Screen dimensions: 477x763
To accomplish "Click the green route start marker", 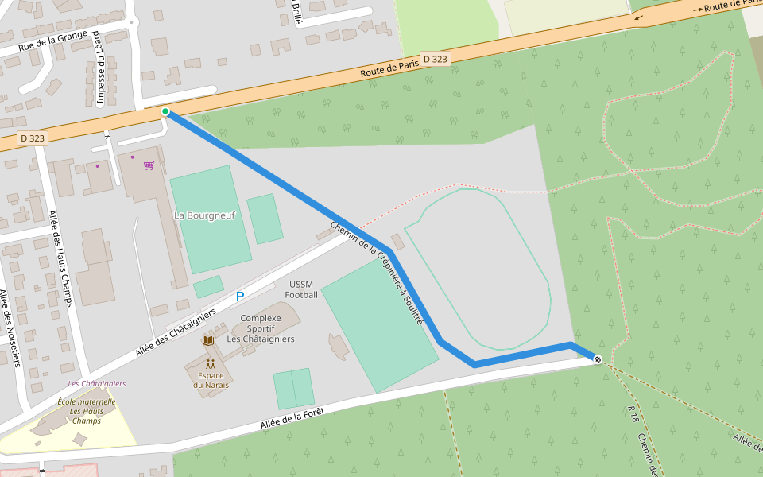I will (x=165, y=111).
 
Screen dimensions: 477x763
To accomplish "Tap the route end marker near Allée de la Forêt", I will (x=597, y=360).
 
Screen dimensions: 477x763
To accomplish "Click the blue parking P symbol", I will (x=239, y=297).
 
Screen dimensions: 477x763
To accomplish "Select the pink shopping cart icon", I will (x=149, y=165).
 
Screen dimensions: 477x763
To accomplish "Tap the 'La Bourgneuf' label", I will (x=205, y=215).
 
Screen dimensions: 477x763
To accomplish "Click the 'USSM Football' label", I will (x=301, y=289).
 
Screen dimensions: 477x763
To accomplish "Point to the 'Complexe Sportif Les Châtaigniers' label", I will (x=261, y=328).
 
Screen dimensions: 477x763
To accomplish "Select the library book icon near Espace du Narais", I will (x=208, y=340).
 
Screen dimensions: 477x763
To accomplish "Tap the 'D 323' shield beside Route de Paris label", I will (x=435, y=59).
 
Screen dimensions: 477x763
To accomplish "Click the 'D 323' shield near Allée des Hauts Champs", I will (x=33, y=138).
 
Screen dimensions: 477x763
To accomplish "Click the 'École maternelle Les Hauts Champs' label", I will (x=87, y=411).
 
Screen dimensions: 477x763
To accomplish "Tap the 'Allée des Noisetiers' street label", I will (x=9, y=328).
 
